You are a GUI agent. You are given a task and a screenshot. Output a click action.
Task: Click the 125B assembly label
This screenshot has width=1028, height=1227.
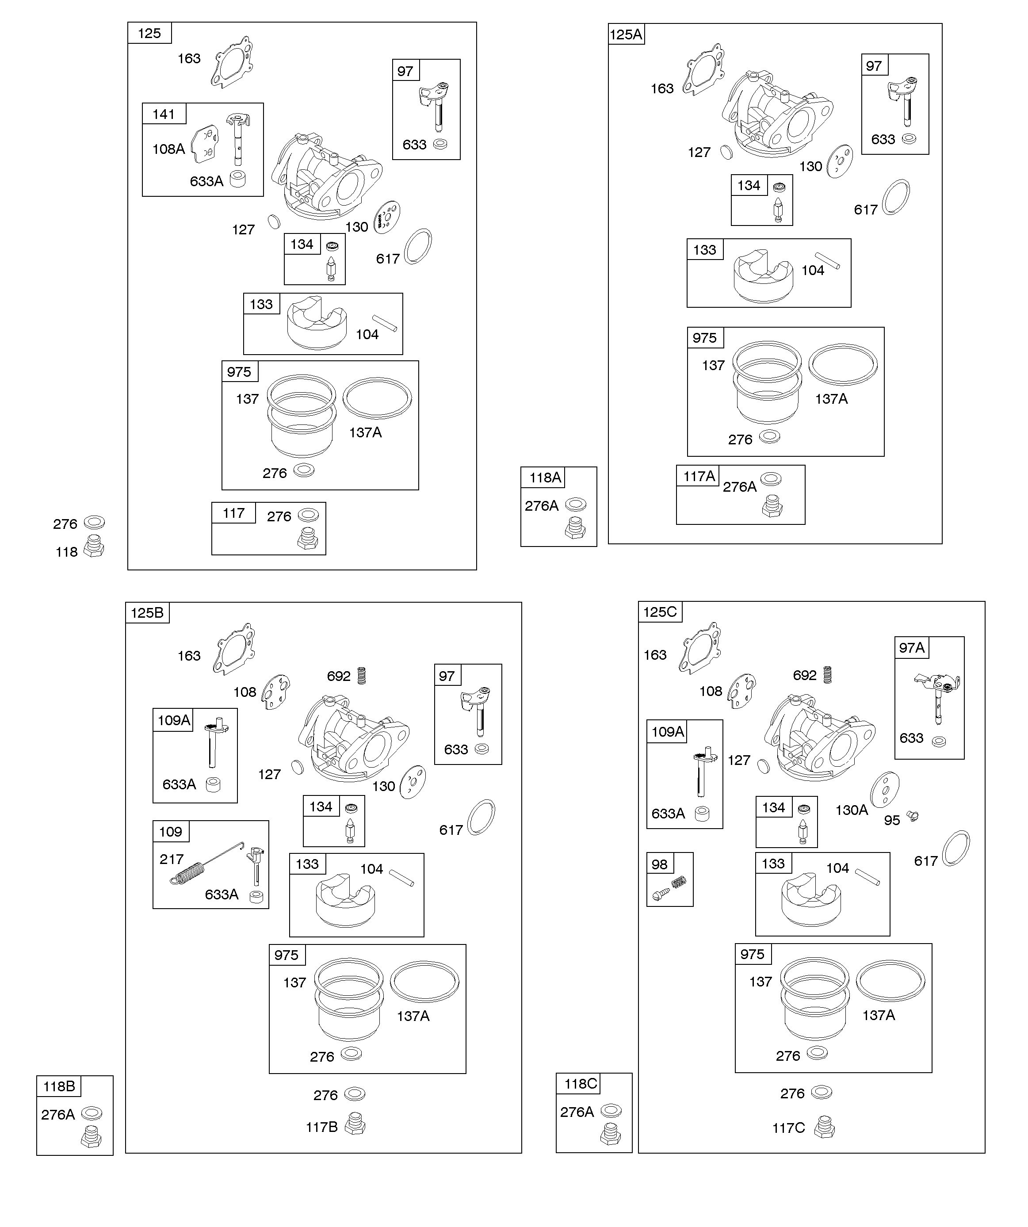coord(147,613)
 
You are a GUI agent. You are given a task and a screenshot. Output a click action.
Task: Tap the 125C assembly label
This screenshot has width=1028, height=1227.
coord(660,612)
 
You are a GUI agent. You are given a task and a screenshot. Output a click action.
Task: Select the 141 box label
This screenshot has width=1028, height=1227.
coord(164,114)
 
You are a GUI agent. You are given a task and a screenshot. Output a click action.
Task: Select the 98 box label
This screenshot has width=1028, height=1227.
coord(659,864)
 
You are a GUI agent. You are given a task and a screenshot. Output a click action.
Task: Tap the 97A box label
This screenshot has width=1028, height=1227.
coord(912,647)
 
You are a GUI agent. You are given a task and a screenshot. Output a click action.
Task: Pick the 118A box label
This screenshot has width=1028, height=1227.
coord(545,478)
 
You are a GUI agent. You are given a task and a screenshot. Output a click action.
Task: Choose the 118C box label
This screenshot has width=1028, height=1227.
coord(581,1084)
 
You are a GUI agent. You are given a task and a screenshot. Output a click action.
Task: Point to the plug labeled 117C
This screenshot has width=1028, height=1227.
coord(825,1127)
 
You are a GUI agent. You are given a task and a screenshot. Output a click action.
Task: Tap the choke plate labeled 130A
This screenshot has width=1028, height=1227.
coord(884,789)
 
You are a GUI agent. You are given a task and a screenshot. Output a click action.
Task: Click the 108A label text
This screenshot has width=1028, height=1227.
coord(168,149)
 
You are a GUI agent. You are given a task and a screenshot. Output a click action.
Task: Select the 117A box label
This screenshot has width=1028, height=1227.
coord(699,476)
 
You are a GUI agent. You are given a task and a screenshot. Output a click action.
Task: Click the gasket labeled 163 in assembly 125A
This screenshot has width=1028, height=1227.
coord(704,69)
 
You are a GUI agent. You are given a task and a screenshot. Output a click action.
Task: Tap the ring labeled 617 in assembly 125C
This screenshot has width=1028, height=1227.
coord(956,848)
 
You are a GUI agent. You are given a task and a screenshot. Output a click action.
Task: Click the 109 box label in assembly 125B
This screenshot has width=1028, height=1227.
coord(171,831)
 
